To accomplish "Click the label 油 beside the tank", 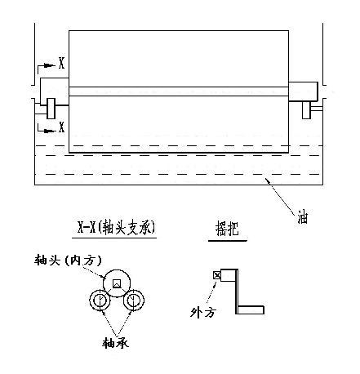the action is tap(303, 217).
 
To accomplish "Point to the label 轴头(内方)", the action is tap(69, 260).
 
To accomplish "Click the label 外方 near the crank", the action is tap(203, 312).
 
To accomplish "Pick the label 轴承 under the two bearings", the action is tap(115, 343).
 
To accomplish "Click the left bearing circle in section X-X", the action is tap(100, 300).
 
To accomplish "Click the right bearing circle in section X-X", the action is tap(134, 300).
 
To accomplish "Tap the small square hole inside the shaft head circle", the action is tap(117, 283).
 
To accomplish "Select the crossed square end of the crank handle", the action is tap(217, 275).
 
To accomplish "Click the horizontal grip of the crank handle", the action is tap(251, 310).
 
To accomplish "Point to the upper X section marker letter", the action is tap(62, 63).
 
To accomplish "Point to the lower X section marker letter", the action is tap(62, 127).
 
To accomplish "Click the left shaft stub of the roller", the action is tap(55, 91).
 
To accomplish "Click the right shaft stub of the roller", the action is tap(303, 91).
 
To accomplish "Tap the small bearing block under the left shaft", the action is tap(51, 109).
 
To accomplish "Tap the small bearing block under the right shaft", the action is tap(306, 110).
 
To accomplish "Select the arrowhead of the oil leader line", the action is tap(268, 180).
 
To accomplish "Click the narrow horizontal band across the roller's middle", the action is tap(179, 91).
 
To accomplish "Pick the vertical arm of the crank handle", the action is tap(236, 292).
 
